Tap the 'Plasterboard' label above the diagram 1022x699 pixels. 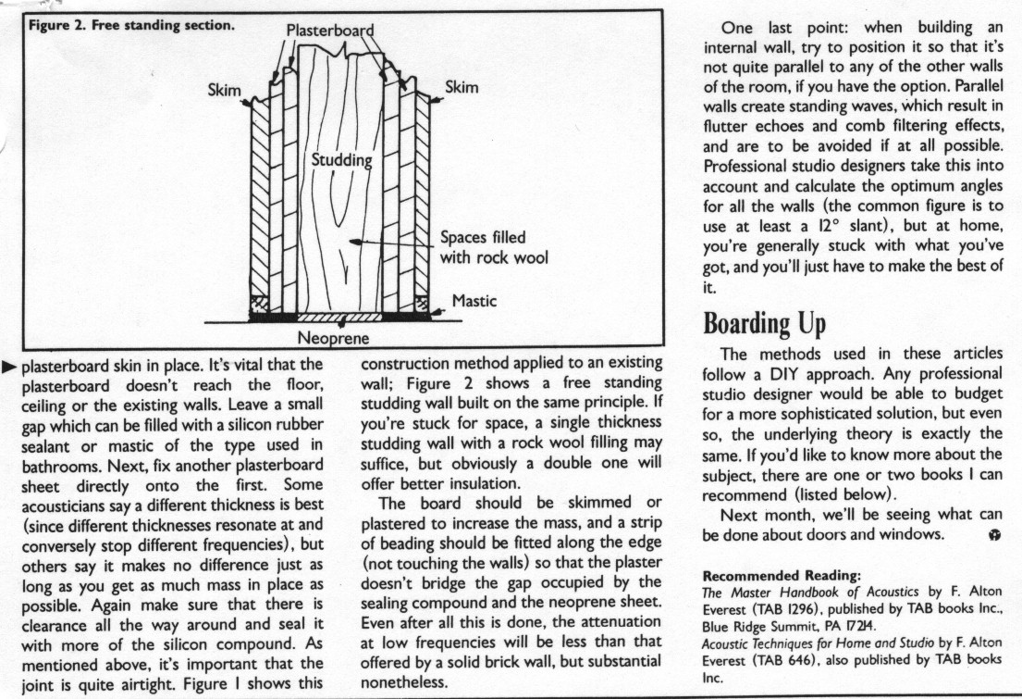tap(329, 30)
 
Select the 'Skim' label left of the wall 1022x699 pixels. tap(226, 90)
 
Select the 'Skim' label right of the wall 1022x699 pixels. tap(462, 87)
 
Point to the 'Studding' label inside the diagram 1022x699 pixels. tap(341, 160)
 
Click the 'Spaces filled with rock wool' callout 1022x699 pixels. tap(495, 248)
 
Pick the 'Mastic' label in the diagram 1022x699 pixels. tap(474, 301)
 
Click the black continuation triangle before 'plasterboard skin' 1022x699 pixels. tap(10, 367)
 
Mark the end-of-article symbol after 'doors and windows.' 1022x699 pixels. tap(993, 537)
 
